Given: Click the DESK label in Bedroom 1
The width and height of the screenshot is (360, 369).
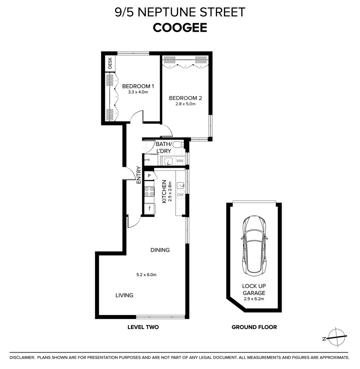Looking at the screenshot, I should click(x=110, y=63).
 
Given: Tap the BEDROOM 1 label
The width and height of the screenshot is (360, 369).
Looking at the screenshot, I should click(x=136, y=86).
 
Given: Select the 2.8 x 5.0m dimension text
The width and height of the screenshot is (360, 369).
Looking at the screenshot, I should click(x=186, y=104).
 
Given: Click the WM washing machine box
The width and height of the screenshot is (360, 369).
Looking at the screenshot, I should click(x=180, y=161).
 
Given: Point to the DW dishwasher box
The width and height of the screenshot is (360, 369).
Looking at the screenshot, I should click(x=180, y=195).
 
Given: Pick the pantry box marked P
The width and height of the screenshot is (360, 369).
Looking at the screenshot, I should click(x=149, y=176).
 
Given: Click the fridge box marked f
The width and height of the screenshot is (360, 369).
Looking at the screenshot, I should click(x=149, y=208).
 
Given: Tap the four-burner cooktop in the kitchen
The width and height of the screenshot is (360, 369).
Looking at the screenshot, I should click(x=149, y=191).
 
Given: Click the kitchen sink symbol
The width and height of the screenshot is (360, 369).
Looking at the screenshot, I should click(x=180, y=186).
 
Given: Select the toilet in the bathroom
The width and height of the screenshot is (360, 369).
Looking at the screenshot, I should click(x=178, y=145).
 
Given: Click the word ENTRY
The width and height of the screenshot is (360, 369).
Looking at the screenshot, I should click(x=138, y=175).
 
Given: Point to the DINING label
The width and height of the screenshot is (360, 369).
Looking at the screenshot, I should click(x=160, y=250).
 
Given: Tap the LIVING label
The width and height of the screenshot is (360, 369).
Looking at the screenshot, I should click(x=124, y=295).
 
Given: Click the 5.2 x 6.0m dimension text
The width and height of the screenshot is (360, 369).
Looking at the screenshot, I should click(x=146, y=274).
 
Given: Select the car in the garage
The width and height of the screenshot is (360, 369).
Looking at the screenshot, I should click(x=254, y=245).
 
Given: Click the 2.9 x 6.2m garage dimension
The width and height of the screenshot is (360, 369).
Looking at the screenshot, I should click(x=254, y=299).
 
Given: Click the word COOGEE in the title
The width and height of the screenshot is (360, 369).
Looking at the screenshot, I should click(x=180, y=28).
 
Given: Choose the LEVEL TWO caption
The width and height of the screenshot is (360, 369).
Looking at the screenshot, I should click(x=143, y=327).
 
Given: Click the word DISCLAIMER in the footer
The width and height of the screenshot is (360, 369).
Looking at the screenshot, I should click(x=22, y=357).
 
